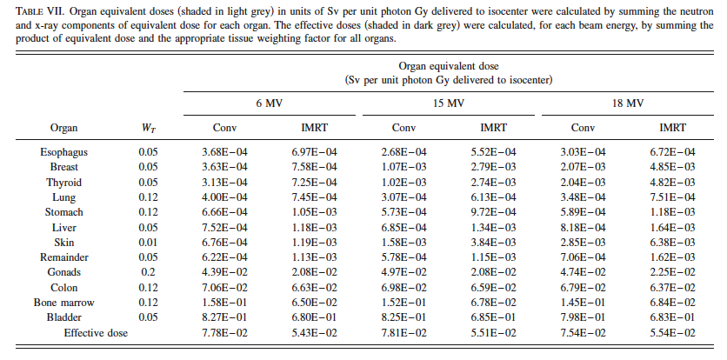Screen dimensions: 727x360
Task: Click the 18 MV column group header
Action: point(628,103)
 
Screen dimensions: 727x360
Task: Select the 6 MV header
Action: point(270,103)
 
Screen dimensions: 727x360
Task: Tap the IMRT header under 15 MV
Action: point(493,128)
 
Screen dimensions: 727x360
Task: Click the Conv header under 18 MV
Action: point(583,128)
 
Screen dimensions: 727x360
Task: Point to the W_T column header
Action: point(149,129)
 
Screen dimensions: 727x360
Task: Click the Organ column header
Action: point(64,128)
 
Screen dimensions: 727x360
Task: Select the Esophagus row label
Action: point(64,152)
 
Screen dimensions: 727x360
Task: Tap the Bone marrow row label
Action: point(64,303)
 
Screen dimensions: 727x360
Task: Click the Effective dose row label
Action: point(96,333)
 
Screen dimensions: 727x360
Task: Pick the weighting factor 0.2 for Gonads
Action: point(149,272)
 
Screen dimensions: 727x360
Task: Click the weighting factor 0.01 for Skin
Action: point(149,243)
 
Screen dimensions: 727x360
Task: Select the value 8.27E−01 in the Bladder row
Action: point(225,317)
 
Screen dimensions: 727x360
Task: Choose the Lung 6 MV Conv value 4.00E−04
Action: point(225,197)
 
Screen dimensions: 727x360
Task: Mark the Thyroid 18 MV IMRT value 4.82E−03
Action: point(673,183)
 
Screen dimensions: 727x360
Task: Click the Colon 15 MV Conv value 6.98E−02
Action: point(404,288)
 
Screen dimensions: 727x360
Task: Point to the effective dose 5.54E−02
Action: point(673,333)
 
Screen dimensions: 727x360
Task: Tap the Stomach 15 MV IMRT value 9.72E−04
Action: point(493,212)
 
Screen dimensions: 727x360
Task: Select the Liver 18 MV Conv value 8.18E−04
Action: point(583,227)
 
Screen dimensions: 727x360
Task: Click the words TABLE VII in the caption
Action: point(40,12)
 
